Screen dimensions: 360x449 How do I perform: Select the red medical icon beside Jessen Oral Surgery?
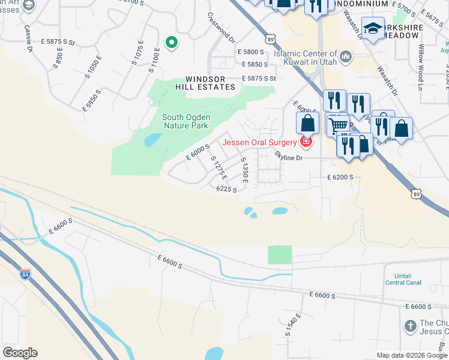(306, 142)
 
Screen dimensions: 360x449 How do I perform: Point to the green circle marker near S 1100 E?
(171, 43)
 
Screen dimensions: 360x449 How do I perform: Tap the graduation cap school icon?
(373, 29)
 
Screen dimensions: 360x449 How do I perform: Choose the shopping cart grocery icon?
(337, 124)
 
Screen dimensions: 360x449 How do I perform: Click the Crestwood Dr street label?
(221, 28)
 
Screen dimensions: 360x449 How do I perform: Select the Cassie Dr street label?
(28, 37)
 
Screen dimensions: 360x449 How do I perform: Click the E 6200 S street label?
(340, 178)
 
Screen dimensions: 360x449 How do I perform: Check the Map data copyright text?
(411, 355)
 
